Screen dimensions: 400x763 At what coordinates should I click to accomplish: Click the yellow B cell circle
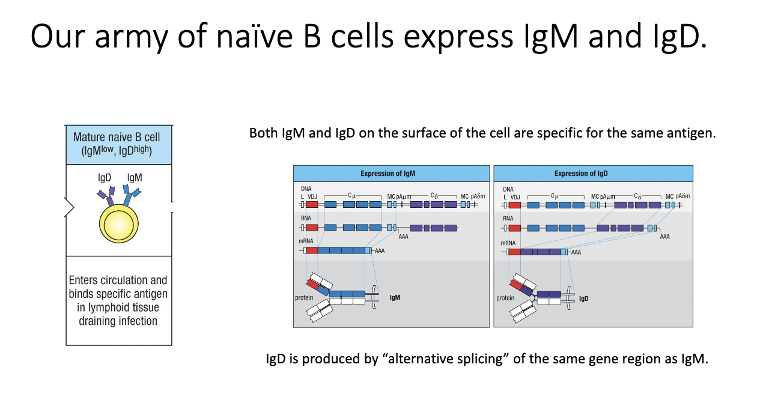pyautogui.click(x=119, y=223)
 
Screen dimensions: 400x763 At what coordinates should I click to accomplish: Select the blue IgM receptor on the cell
pyautogui.click(x=131, y=194)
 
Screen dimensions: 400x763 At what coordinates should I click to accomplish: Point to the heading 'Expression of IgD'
pyautogui.click(x=582, y=174)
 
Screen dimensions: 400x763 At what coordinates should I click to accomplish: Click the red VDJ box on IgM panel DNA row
pyautogui.click(x=312, y=205)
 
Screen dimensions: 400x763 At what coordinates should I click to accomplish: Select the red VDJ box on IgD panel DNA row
pyautogui.click(x=514, y=205)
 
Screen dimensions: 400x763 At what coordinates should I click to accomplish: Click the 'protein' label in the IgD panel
pyautogui.click(x=505, y=298)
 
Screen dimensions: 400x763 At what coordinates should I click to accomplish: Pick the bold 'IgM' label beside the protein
pyautogui.click(x=395, y=297)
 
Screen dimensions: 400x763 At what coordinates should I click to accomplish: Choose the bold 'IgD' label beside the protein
pyautogui.click(x=583, y=298)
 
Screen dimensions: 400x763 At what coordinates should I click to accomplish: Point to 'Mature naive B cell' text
pyautogui.click(x=117, y=138)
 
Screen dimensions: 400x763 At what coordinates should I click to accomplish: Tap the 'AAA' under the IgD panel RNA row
pyautogui.click(x=664, y=237)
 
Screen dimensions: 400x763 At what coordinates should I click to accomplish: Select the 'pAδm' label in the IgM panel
pyautogui.click(x=478, y=196)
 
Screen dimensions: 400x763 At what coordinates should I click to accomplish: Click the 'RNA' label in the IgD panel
pyautogui.click(x=508, y=219)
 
